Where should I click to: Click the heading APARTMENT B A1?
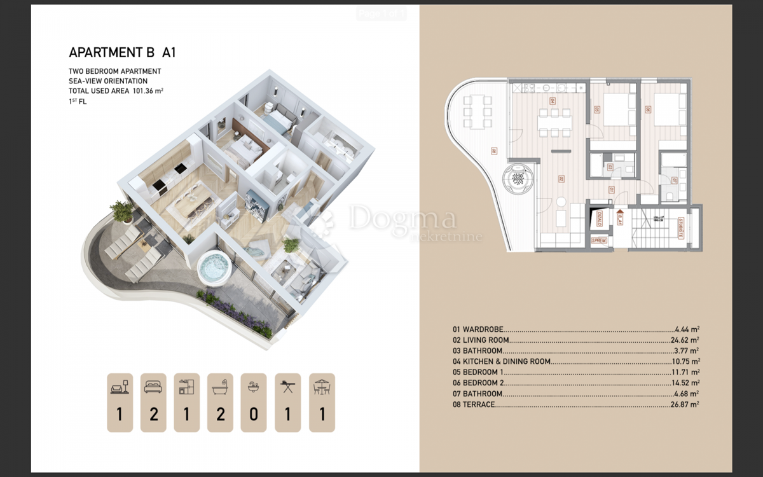pos(122,52)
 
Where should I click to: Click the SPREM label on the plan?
pos(600,241)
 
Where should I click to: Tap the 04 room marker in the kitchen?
pos(552,101)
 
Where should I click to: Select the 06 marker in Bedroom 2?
pos(648,110)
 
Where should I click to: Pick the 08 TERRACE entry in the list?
pos(474,404)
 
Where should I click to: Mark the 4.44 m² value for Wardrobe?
pos(687,329)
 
